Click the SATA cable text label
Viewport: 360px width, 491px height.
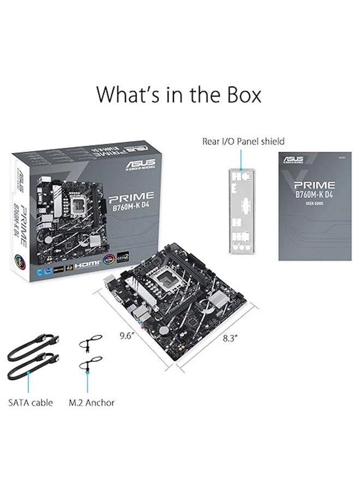point(31,403)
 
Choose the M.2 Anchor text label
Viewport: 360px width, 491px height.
point(91,403)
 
